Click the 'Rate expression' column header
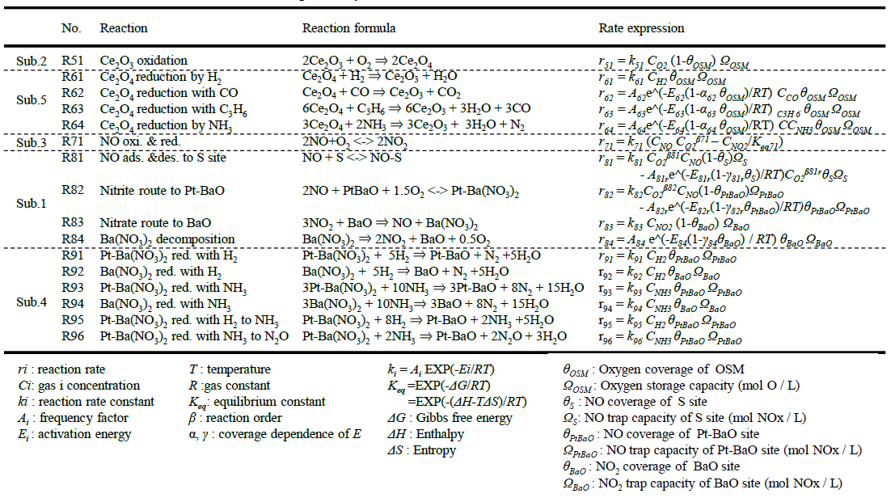coord(641,28)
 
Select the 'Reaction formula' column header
coord(348,28)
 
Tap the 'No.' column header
coord(72,28)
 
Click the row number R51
coord(73,61)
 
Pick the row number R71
coord(73,142)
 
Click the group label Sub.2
coord(32,61)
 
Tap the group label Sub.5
coord(32,101)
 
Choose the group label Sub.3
coord(32,143)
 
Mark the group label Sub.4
coord(32,302)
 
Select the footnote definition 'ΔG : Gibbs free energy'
coord(450,418)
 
